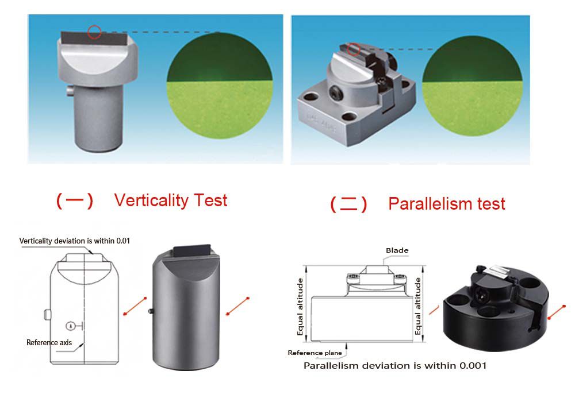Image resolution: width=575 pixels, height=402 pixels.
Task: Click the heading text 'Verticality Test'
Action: (171, 200)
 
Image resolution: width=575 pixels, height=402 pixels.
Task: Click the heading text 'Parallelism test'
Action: (447, 203)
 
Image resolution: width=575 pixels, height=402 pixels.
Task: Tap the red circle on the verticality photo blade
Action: (95, 32)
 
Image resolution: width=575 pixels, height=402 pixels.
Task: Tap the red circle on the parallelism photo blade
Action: (354, 49)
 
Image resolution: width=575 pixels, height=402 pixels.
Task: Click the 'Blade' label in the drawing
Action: (397, 250)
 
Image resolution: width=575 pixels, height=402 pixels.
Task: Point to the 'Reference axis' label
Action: (49, 343)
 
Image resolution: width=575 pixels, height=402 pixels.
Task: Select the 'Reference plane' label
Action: (315, 353)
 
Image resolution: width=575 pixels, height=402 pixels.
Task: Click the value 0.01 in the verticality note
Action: (123, 241)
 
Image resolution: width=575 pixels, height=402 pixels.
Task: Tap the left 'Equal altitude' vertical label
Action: (300, 307)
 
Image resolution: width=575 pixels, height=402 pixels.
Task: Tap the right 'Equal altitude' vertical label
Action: (417, 306)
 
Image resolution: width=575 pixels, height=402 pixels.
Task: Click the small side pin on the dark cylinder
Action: (150, 312)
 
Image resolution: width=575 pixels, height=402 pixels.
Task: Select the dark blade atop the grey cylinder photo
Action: (192, 251)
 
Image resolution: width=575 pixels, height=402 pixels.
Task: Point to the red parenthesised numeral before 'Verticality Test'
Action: (75, 200)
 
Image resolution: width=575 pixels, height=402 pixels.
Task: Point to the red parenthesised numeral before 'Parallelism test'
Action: (348, 204)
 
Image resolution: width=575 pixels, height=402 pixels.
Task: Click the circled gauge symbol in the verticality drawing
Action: (71, 326)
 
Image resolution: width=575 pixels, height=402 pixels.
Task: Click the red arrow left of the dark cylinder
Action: (135, 306)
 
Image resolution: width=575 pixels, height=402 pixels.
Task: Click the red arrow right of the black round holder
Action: (557, 312)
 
